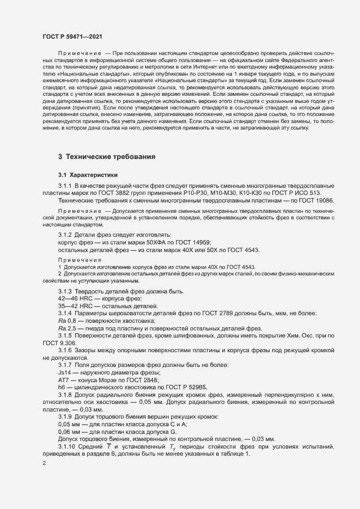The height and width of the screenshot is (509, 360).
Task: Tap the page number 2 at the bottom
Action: pyautogui.click(x=44, y=464)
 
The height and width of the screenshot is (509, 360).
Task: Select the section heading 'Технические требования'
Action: pyautogui.click(x=107, y=157)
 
